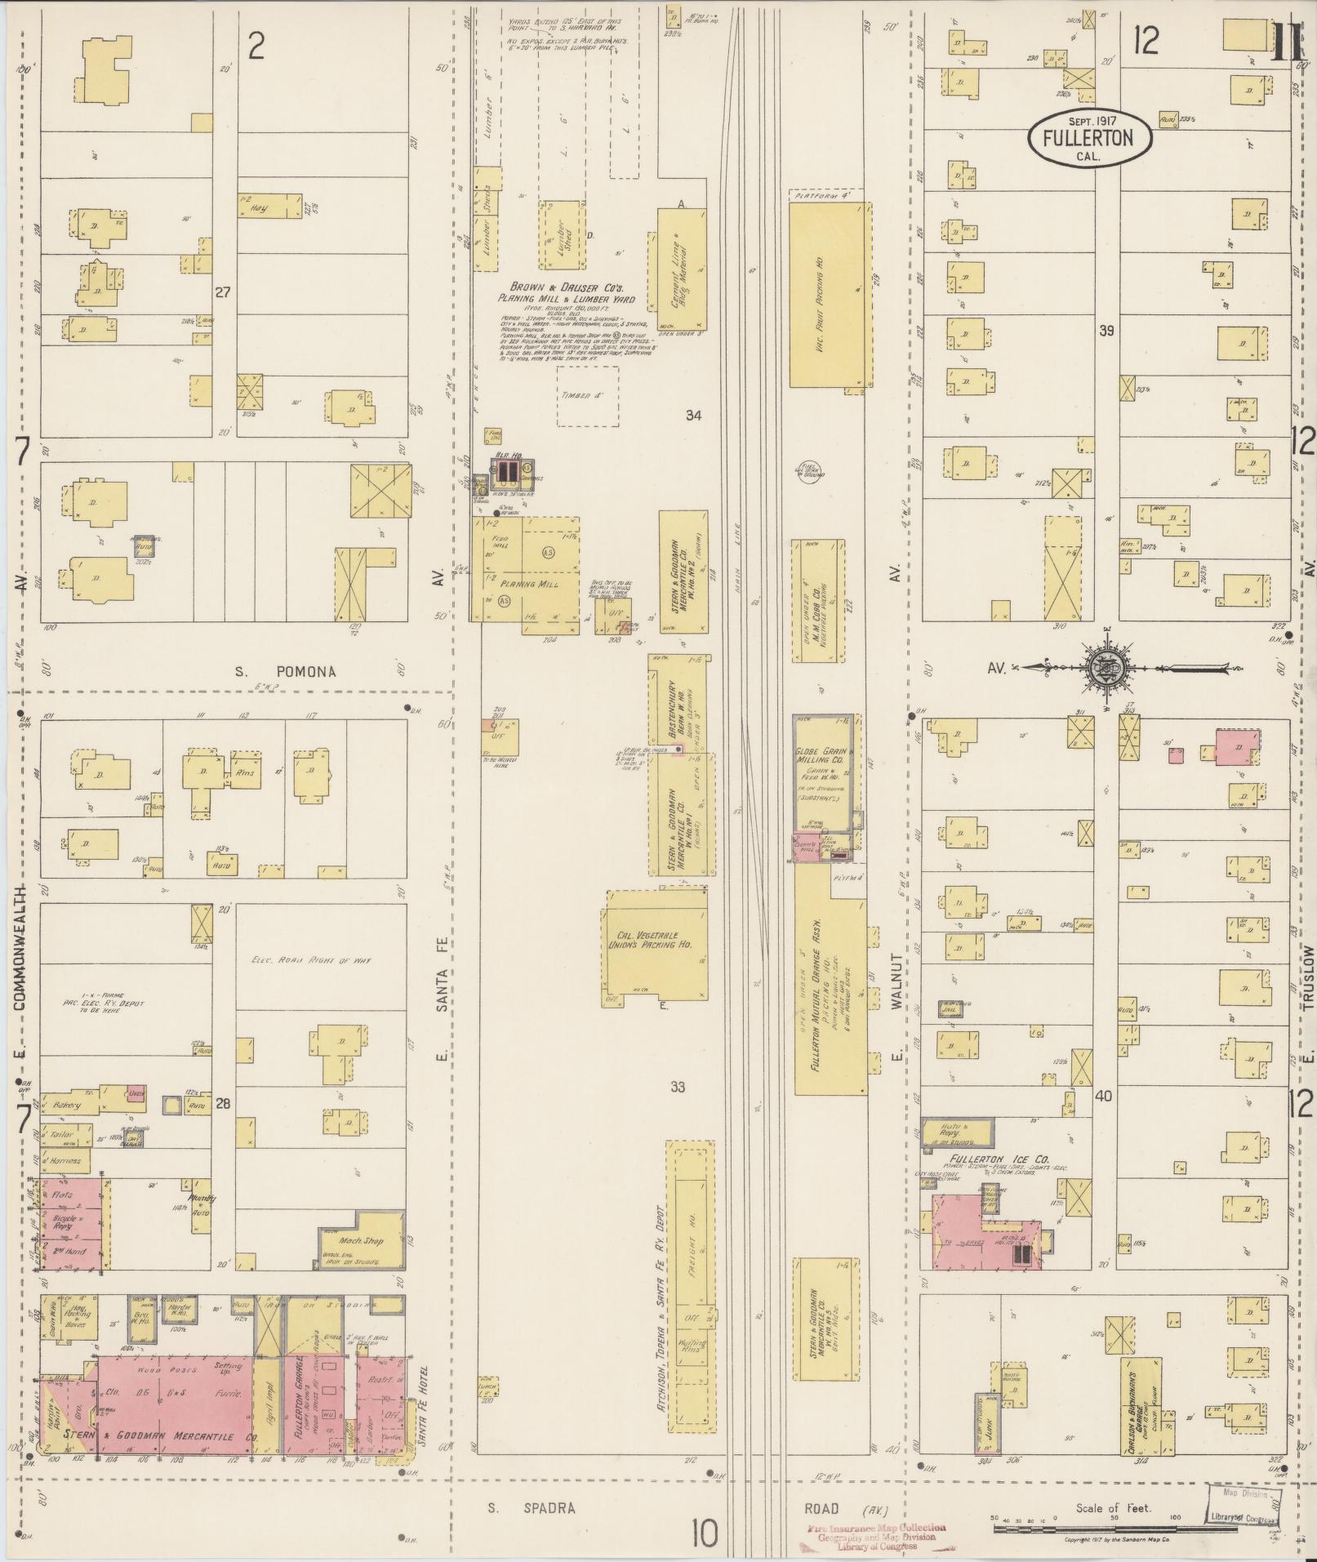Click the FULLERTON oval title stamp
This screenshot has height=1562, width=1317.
[x=1090, y=137]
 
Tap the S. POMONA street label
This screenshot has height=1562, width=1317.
[x=285, y=672]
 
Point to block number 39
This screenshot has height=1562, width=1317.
[x=1107, y=331]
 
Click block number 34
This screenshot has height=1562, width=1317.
[x=693, y=416]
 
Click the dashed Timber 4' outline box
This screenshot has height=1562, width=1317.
[x=587, y=396]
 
